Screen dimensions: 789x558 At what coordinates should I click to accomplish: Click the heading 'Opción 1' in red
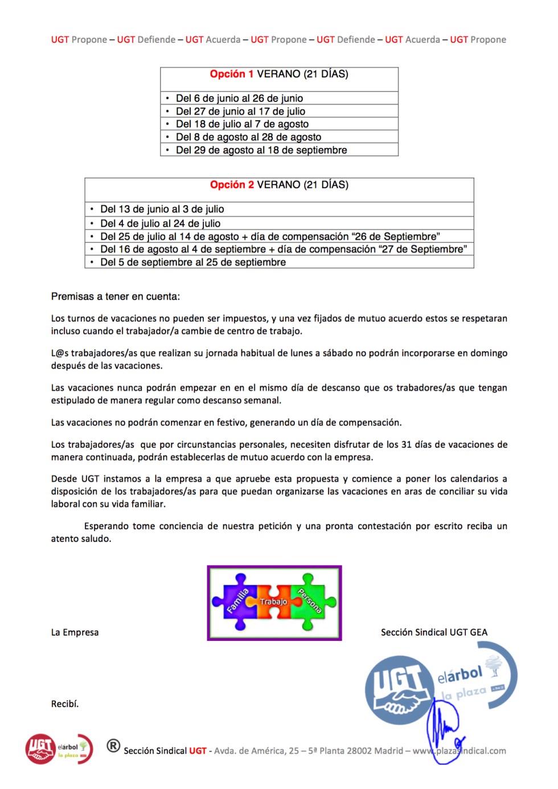227,74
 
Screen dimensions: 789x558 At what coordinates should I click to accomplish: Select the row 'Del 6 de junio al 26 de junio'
239,98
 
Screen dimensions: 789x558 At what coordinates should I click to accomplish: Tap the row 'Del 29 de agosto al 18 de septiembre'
261,150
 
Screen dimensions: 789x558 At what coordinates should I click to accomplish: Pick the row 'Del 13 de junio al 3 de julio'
162,209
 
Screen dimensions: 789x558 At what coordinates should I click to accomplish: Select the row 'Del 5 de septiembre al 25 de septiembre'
192,262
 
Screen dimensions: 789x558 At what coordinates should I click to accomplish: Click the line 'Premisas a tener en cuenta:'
115,296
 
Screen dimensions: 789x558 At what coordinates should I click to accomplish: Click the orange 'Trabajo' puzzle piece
274,602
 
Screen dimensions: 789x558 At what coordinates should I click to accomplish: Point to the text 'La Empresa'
75,632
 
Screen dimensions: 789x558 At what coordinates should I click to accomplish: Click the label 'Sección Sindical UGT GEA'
434,632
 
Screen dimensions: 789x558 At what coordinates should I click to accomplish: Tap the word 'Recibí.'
65,704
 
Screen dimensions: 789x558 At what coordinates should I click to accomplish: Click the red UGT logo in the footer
40,749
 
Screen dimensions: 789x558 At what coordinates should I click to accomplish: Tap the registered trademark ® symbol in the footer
113,746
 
